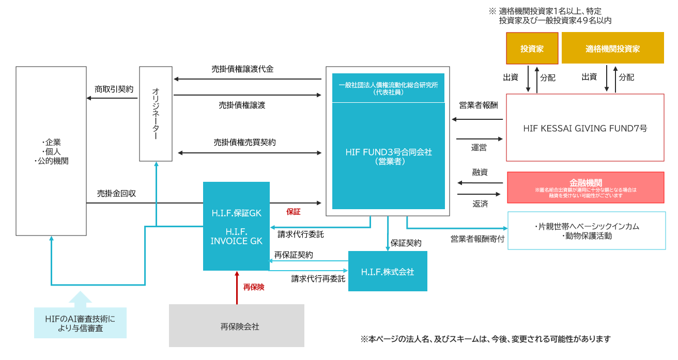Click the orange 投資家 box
pyautogui.click(x=532, y=49)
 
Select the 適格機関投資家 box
pyautogui.click(x=612, y=49)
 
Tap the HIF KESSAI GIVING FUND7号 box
pyautogui.click(x=585, y=128)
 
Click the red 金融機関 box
pyautogui.click(x=585, y=187)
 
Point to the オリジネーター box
pyautogui.click(x=156, y=114)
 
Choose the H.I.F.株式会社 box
pyautogui.click(x=388, y=272)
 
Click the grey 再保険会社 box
pyautogui.click(x=237, y=326)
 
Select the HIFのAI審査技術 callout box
pyautogui.click(x=80, y=323)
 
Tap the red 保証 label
pyautogui.click(x=293, y=211)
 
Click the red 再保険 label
pyautogui.click(x=254, y=287)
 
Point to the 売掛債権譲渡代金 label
pyautogui.click(x=242, y=69)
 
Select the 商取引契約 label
pyautogui.click(x=114, y=89)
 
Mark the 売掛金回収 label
pyautogui.click(x=116, y=194)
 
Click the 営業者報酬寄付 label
pyautogui.click(x=477, y=239)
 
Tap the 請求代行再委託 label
pyautogui.click(x=318, y=278)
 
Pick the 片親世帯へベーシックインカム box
pyautogui.click(x=586, y=231)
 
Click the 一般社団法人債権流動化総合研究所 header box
pyautogui.click(x=388, y=88)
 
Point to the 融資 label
pyautogui.click(x=480, y=172)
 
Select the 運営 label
pyautogui.click(x=479, y=147)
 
